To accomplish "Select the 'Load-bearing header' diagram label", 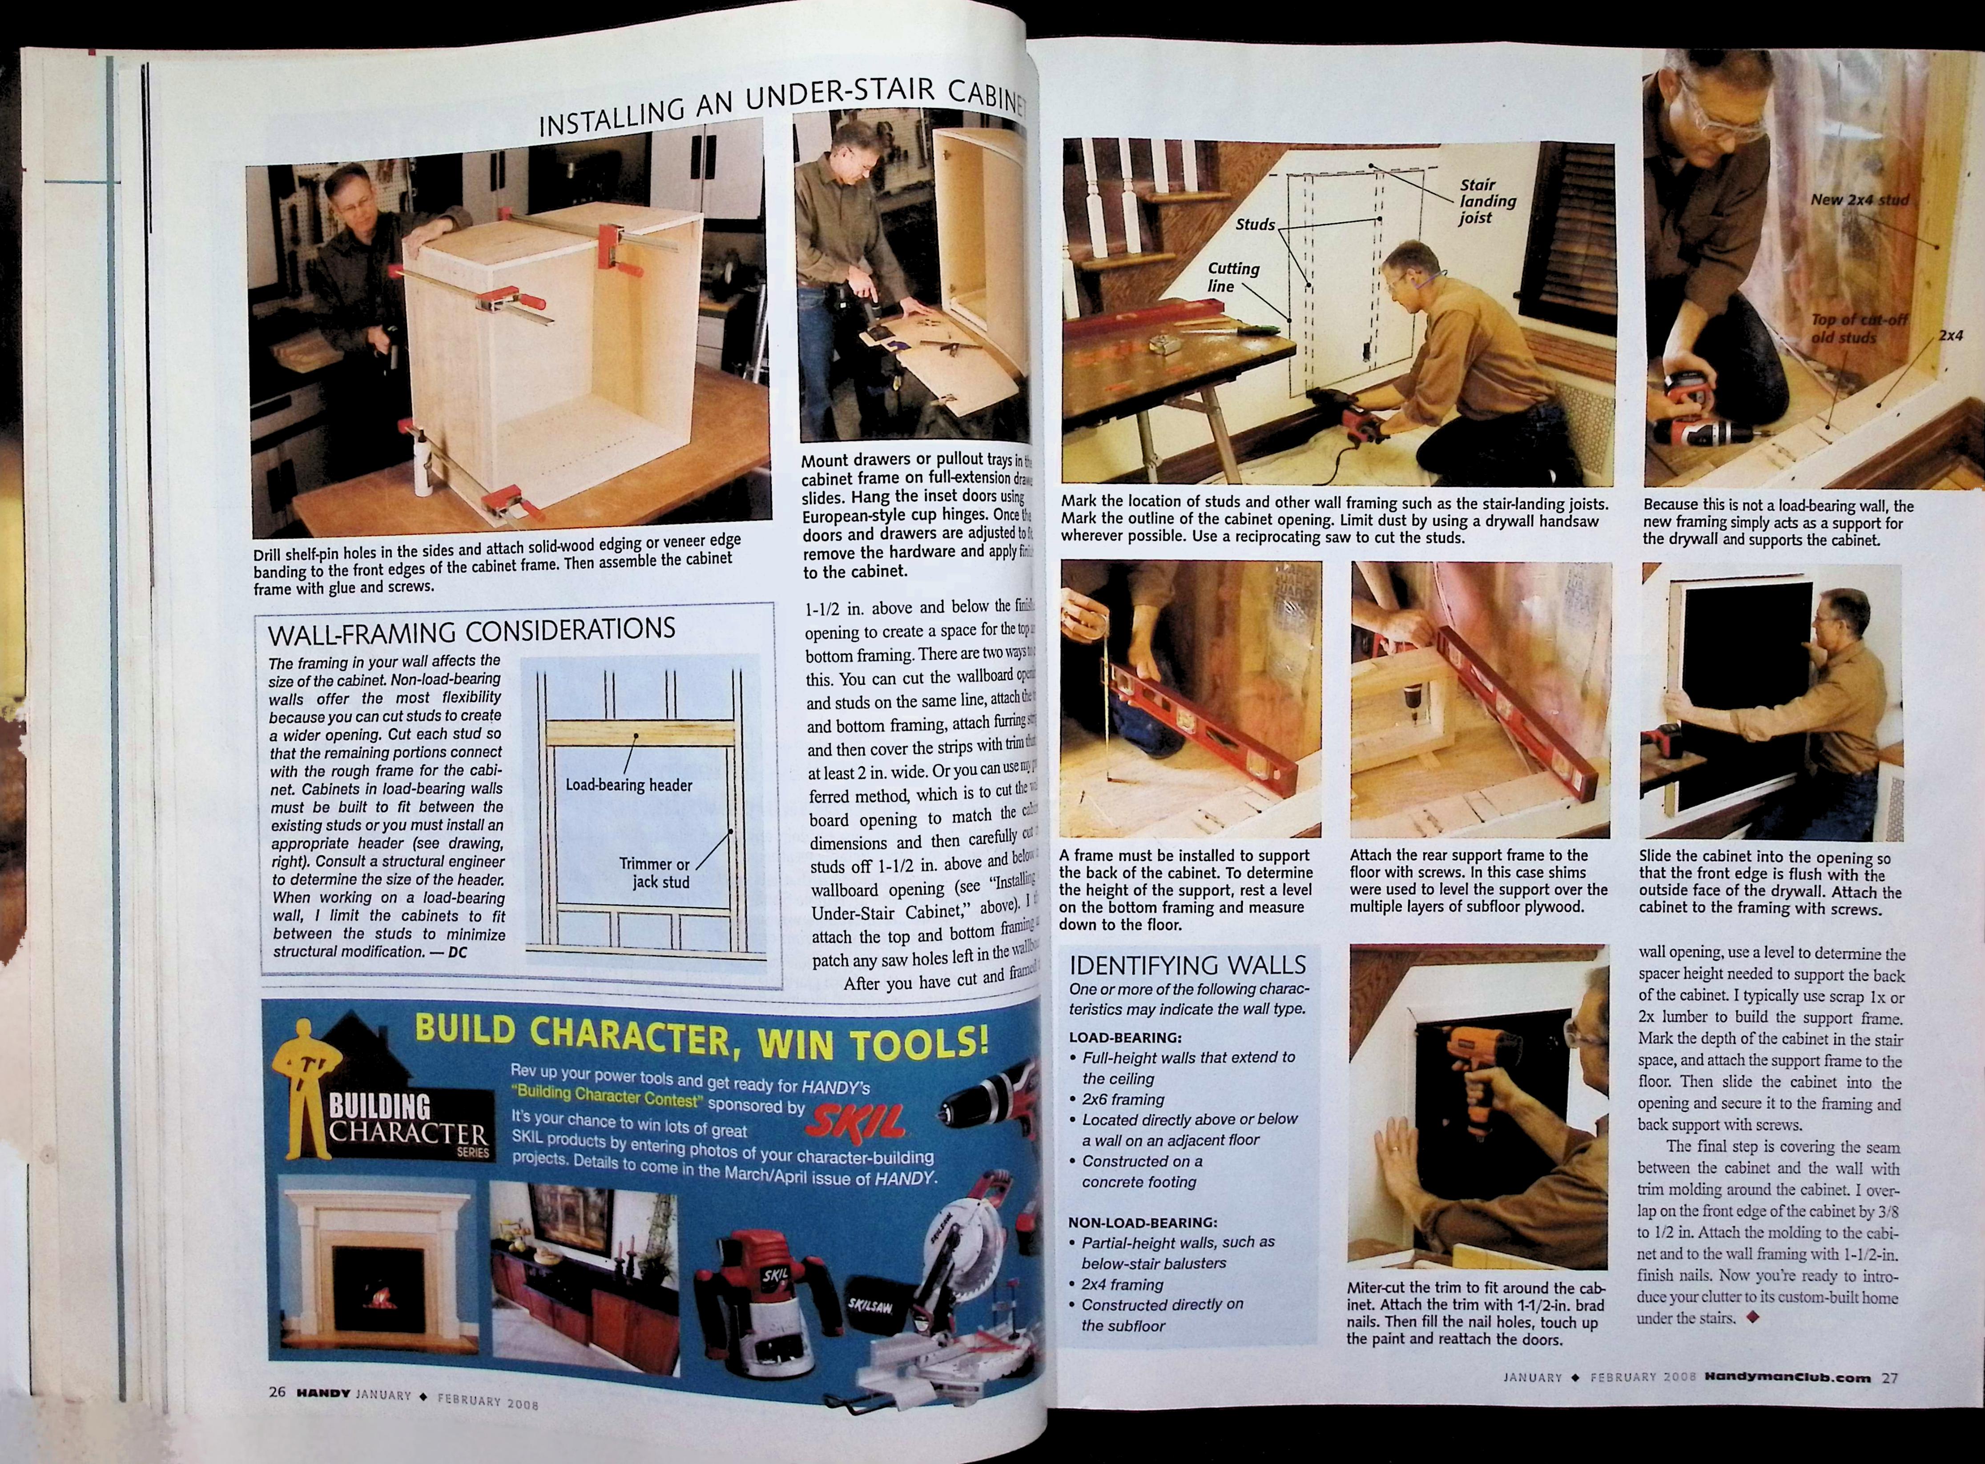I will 628,785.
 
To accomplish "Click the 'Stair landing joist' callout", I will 1487,201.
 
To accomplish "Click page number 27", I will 1890,1377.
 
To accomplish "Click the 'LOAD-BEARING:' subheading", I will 1124,1037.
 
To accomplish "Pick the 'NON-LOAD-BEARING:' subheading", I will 1142,1222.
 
